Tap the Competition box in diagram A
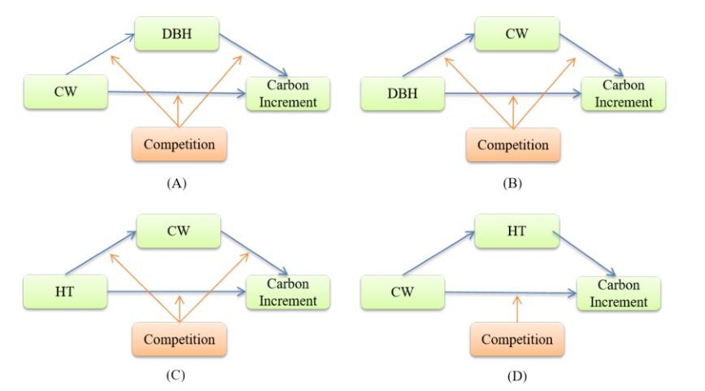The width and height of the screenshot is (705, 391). pos(179,145)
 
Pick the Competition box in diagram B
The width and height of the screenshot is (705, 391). pos(512,146)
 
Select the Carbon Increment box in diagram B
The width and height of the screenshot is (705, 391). pos(623,94)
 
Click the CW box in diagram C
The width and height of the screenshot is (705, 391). pos(178,231)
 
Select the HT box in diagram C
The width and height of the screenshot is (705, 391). pos(66,292)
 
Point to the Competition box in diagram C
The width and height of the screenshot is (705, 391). pos(179,337)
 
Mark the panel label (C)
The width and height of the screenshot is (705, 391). pos(177,376)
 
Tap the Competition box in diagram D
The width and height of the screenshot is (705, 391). pos(516,339)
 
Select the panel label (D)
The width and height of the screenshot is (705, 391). pos(516,376)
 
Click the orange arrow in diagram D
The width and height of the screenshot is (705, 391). pos(516,308)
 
